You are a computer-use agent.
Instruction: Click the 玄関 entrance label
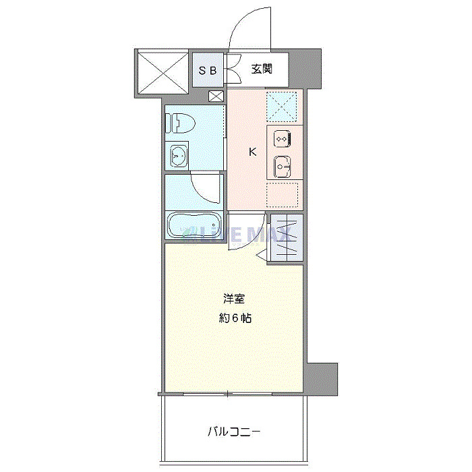click(262, 69)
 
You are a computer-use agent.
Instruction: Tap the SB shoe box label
click(207, 69)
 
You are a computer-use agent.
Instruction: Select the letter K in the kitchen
click(253, 152)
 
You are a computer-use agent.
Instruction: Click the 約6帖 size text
click(235, 318)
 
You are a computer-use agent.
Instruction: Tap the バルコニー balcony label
click(234, 430)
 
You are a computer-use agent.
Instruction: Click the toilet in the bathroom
click(181, 123)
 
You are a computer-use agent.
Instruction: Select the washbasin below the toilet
click(179, 156)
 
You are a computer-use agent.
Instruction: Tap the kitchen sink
click(283, 165)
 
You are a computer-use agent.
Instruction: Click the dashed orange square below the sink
click(283, 195)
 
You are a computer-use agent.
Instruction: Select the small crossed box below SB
click(216, 96)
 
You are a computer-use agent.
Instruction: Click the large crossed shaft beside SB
click(162, 70)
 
